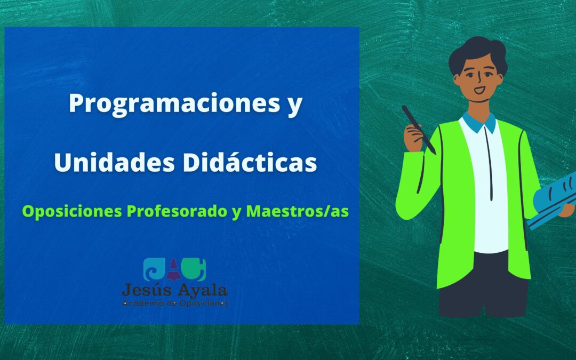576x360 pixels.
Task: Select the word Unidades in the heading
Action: pyautogui.click(x=113, y=163)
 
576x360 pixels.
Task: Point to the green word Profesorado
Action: pyautogui.click(x=176, y=212)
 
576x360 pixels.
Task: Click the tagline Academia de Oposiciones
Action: pyautogui.click(x=175, y=303)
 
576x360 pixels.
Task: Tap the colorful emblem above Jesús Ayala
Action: pyautogui.click(x=175, y=270)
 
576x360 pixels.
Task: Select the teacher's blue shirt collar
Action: pyautogui.click(x=478, y=122)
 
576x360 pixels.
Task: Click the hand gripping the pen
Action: pyautogui.click(x=413, y=135)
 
